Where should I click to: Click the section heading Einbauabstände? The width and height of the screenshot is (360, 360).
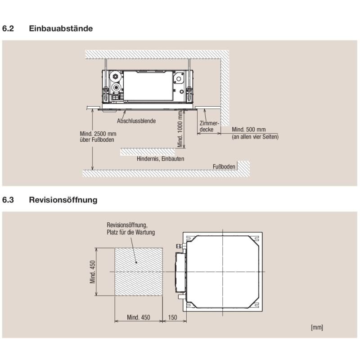pos(61,28)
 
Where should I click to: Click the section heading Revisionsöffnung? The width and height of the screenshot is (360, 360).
pos(63,200)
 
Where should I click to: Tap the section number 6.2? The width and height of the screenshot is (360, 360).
pos(8,28)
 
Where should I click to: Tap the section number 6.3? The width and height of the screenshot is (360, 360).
pos(8,200)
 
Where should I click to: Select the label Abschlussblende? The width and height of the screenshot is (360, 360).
pos(136,121)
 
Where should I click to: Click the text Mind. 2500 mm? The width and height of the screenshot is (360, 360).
pos(98,134)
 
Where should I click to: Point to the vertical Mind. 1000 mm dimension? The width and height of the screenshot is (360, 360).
pos(180,129)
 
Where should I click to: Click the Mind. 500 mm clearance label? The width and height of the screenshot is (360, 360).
pos(249,130)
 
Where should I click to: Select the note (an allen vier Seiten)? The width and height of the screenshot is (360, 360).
pos(255,137)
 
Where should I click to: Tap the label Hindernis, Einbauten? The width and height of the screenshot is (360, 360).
pos(161,159)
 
